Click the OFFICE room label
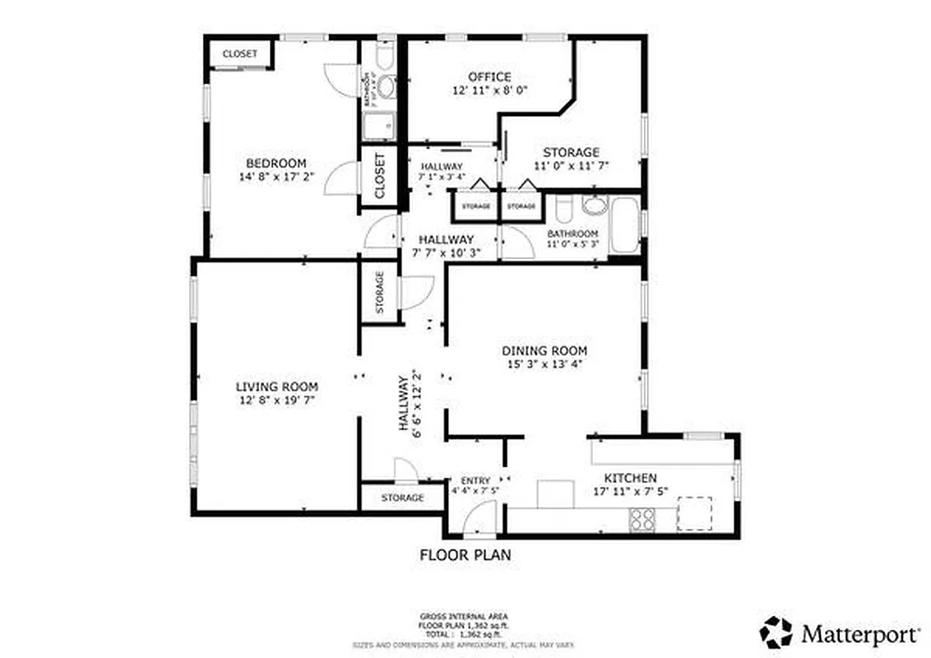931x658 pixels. (x=489, y=77)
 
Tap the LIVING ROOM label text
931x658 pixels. (x=276, y=387)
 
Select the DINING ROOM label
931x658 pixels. (x=544, y=350)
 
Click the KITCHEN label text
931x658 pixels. (x=630, y=478)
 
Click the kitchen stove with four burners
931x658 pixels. (x=642, y=519)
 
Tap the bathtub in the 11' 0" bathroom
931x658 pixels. (x=625, y=225)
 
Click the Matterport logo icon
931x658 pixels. (x=776, y=633)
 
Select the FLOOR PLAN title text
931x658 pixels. (x=465, y=555)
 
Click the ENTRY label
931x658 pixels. (x=475, y=481)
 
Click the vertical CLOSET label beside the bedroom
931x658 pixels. (x=380, y=175)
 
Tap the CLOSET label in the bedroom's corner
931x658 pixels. (x=239, y=54)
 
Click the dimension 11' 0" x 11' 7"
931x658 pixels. (x=571, y=165)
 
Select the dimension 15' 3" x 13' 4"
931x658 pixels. (x=544, y=364)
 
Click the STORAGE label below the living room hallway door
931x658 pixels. (x=402, y=498)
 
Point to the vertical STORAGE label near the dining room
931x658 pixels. (x=380, y=292)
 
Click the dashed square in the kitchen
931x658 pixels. (x=693, y=514)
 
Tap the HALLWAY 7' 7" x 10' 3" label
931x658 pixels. (x=444, y=244)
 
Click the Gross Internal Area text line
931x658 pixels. (x=465, y=616)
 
